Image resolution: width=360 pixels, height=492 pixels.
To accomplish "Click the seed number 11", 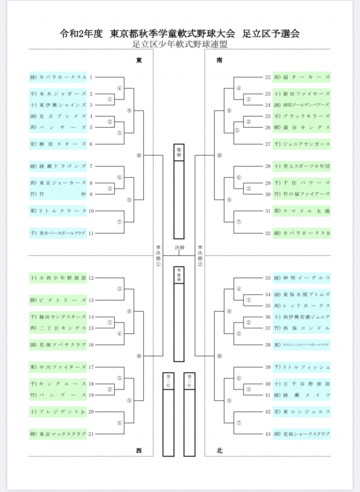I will point(91,233).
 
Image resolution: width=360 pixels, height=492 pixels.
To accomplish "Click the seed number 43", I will point(268,434).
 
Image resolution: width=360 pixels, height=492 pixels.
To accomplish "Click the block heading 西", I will point(139,450).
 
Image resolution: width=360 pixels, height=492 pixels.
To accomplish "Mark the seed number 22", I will point(268,77).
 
